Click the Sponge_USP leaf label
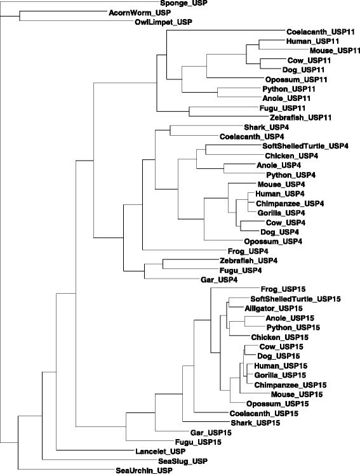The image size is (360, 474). tap(184, 3)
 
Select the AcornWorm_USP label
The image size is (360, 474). tap(140, 13)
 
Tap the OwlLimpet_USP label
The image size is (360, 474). tap(163, 22)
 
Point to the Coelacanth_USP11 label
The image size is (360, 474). tap(321, 32)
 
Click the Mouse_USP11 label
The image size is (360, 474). tap(335, 51)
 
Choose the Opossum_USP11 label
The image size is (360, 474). tap(296, 79)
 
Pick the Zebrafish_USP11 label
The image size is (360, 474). tap(301, 117)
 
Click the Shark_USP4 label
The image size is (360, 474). tap(266, 128)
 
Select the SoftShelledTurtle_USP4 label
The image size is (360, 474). tap(305, 146)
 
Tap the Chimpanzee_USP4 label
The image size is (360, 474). tap(290, 204)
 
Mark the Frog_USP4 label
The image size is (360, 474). tap(248, 251)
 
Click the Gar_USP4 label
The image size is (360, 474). tap(219, 280)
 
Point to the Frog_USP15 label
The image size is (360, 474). tap(283, 289)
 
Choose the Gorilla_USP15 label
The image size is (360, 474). tap(280, 375)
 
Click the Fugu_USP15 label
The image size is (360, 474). tap(198, 442)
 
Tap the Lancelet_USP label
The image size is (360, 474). tap(161, 451)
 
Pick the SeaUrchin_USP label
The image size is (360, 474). tap(144, 470)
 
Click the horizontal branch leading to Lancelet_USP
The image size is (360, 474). tap(96, 450)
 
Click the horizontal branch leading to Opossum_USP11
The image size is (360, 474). tap(236, 78)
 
